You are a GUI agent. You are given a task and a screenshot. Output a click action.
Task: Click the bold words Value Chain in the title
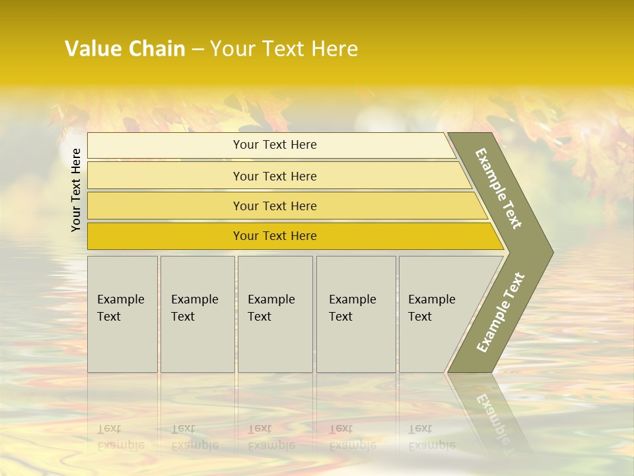[125, 49]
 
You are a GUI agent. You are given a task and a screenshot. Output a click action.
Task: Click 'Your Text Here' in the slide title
[284, 49]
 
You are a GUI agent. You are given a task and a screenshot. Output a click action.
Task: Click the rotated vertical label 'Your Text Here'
[77, 190]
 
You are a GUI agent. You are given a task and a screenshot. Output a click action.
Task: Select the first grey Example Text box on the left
[122, 314]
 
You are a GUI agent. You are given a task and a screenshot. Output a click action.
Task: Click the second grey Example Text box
[197, 314]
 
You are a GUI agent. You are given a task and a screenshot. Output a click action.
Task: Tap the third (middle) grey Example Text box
[275, 314]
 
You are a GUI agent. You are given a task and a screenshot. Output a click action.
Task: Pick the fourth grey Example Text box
[355, 314]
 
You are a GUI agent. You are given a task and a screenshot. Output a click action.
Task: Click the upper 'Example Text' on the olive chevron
[499, 188]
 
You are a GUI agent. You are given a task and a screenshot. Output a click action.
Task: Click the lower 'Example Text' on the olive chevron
[501, 312]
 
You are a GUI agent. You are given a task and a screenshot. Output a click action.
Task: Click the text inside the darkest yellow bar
[275, 236]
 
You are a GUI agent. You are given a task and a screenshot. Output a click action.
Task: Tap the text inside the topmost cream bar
[275, 145]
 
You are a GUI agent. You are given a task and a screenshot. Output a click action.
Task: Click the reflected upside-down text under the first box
[120, 437]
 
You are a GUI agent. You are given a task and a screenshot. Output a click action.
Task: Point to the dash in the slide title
[197, 50]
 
